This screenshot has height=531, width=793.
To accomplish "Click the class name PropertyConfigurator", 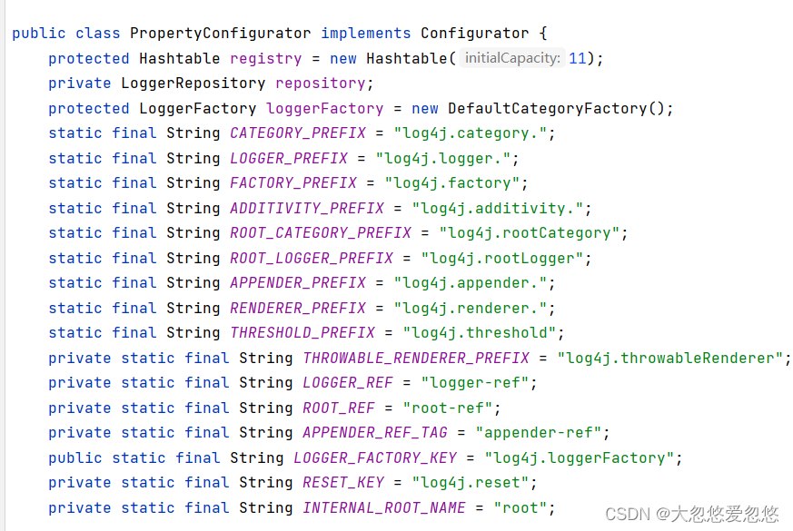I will (220, 34).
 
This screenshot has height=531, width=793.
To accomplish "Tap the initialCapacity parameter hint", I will (511, 58).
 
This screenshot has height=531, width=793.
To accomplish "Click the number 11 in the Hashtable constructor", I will (578, 58).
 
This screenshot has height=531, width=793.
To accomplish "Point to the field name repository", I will (320, 84).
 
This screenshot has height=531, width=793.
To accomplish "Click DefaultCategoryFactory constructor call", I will (547, 108).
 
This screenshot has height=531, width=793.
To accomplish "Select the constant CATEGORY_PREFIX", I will (297, 133).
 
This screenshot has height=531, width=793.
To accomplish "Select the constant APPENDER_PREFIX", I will (297, 283).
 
